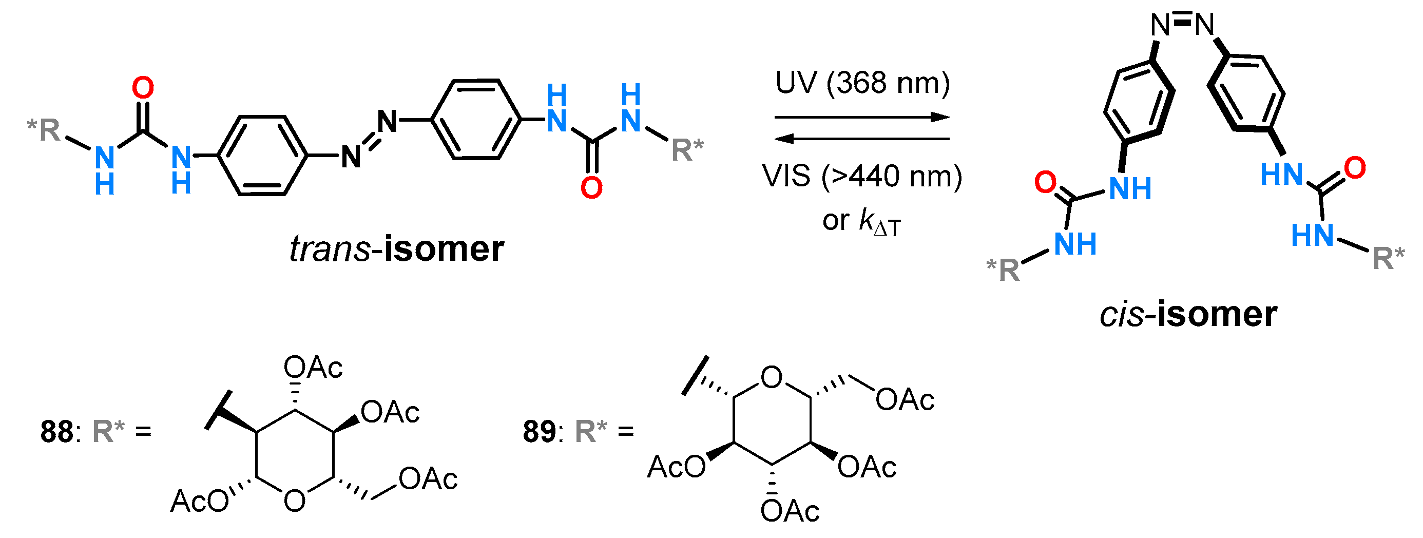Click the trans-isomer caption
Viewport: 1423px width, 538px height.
pyautogui.click(x=397, y=249)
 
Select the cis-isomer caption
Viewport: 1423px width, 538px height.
pyautogui.click(x=1188, y=314)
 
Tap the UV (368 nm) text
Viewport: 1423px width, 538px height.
pyautogui.click(x=862, y=83)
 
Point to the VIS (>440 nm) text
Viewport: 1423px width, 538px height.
pyautogui.click(x=862, y=176)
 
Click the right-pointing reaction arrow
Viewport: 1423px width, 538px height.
pyautogui.click(x=862, y=117)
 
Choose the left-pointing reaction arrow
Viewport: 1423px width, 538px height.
pyautogui.click(x=862, y=139)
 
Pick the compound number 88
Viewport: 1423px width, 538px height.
pyautogui.click(x=56, y=431)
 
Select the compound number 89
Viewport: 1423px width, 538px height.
pyautogui.click(x=539, y=431)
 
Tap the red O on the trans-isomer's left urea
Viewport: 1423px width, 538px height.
pyautogui.click(x=143, y=88)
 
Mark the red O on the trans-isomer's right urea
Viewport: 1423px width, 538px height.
pyautogui.click(x=591, y=188)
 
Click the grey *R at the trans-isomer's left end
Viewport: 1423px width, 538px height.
pyautogui.click(x=44, y=130)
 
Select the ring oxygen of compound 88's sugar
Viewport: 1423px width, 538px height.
pyautogui.click(x=295, y=501)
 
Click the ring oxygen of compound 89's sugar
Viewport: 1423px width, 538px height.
pyautogui.click(x=772, y=378)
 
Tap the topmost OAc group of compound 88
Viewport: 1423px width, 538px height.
pyautogui.click(x=313, y=368)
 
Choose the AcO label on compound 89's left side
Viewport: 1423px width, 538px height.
pyautogui.click(x=676, y=467)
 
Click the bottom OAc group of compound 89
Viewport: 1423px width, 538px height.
pyautogui.click(x=790, y=511)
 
